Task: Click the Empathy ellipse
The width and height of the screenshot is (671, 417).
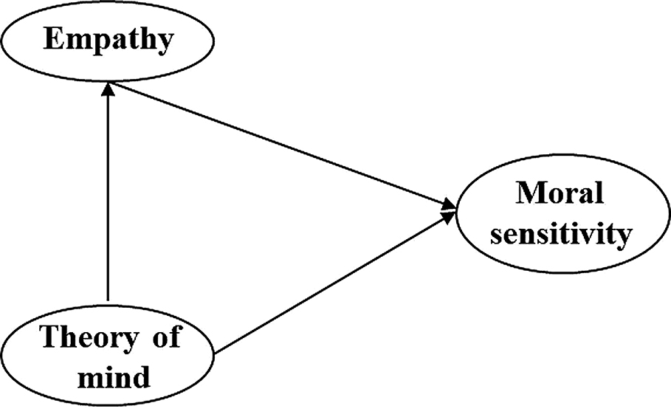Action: tap(109, 40)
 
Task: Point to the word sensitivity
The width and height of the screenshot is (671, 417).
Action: tap(562, 234)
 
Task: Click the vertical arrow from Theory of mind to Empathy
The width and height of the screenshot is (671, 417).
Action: tap(109, 199)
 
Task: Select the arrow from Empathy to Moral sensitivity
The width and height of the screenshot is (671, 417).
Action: tap(281, 143)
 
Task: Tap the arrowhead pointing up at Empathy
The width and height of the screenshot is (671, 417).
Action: tap(109, 89)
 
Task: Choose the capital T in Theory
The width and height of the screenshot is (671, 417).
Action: tap(48, 339)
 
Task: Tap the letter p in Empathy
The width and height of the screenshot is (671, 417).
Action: tap(100, 43)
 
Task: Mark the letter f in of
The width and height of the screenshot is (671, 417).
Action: tap(173, 338)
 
